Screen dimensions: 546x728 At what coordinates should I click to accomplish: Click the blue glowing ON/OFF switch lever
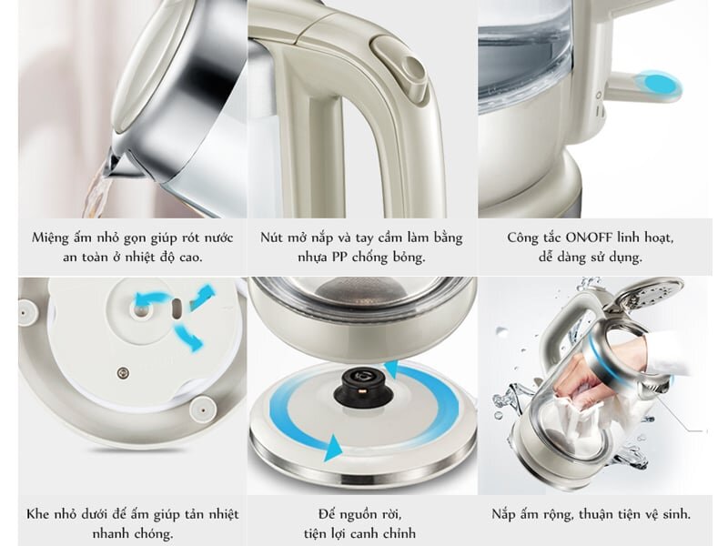[657, 84]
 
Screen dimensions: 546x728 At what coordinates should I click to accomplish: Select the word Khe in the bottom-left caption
[40, 514]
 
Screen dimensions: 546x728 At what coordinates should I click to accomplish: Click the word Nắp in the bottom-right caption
[506, 514]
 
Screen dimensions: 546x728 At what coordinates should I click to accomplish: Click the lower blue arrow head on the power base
[331, 447]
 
